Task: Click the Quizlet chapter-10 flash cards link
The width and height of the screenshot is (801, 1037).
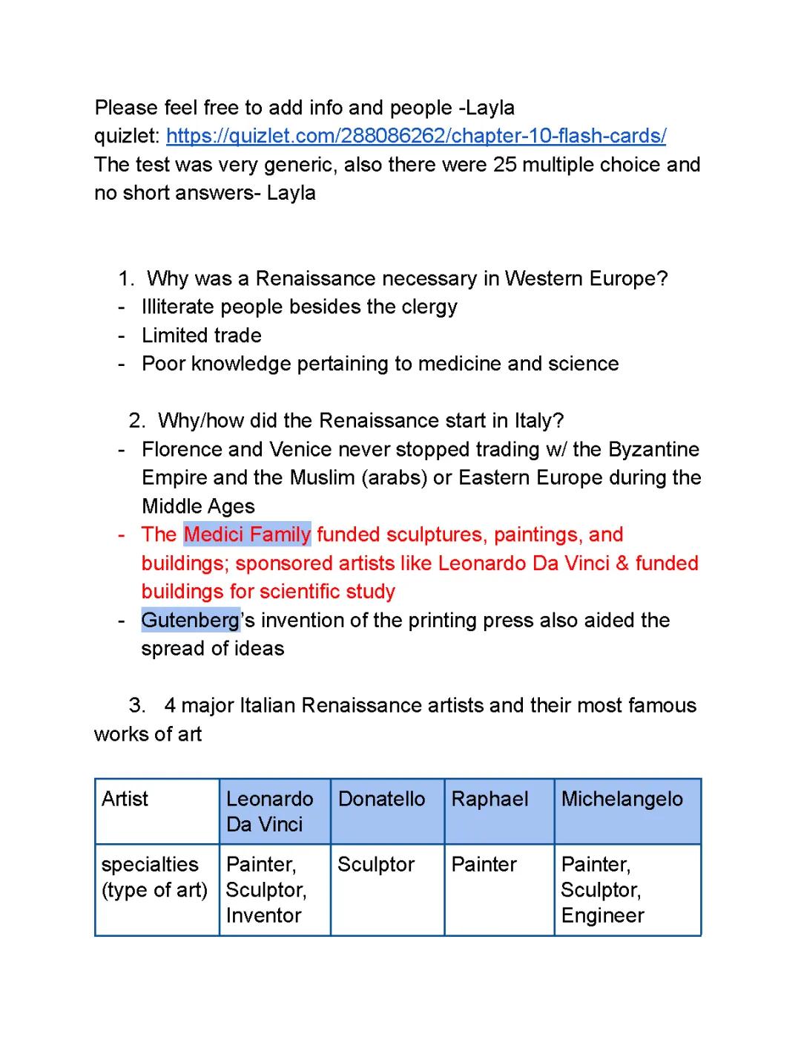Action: click(x=415, y=136)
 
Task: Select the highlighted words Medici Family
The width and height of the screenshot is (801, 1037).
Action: click(x=247, y=534)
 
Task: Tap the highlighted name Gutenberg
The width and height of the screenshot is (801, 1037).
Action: click(x=191, y=620)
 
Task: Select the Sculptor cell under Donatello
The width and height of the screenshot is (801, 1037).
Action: click(x=376, y=865)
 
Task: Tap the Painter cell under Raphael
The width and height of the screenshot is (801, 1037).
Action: click(x=484, y=865)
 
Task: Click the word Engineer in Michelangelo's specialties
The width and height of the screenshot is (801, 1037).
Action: click(x=603, y=915)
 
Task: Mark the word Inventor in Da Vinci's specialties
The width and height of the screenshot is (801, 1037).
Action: click(x=263, y=915)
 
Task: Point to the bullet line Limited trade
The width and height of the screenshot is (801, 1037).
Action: click(x=202, y=336)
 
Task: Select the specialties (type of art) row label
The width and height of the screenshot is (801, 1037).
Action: click(x=154, y=877)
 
